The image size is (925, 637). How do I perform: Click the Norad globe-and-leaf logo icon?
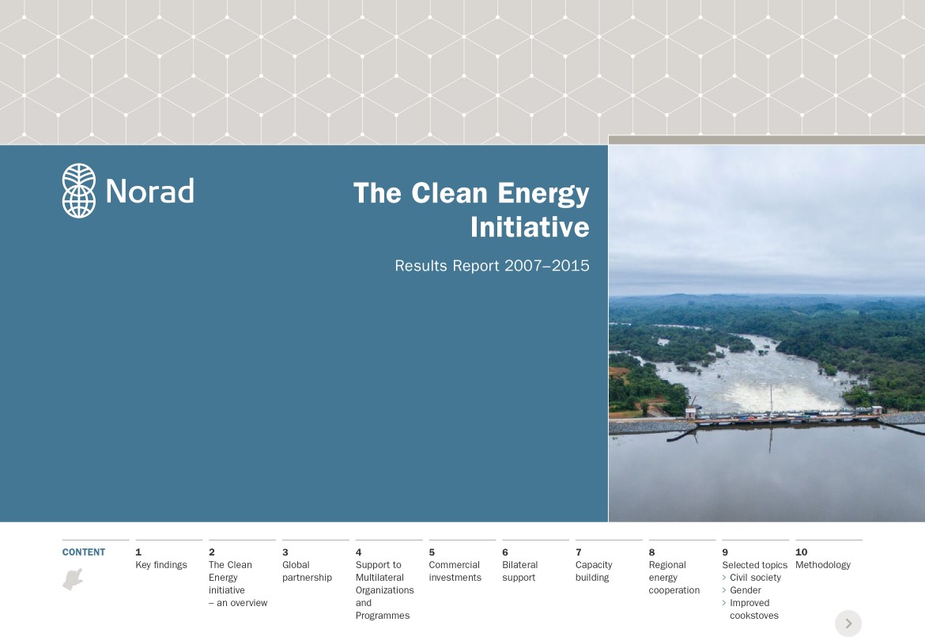[79, 191]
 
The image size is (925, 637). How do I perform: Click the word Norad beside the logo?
[150, 191]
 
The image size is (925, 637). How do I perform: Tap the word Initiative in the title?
[530, 227]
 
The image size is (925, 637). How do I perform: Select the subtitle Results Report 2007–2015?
[492, 266]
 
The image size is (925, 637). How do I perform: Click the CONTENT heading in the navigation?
[84, 552]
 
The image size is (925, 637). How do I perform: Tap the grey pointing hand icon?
[74, 579]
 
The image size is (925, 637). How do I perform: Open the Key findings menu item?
[161, 565]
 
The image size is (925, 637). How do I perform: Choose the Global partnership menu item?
[307, 571]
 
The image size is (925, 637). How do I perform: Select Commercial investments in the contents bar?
[455, 571]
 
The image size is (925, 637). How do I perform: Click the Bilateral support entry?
[519, 571]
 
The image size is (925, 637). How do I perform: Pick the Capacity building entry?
[594, 571]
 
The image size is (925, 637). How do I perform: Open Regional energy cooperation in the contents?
[674, 578]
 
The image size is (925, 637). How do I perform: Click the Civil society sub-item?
[755, 578]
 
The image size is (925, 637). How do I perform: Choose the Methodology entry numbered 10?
[823, 565]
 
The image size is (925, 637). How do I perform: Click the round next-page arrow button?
[848, 624]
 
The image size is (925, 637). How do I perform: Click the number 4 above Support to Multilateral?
[359, 552]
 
